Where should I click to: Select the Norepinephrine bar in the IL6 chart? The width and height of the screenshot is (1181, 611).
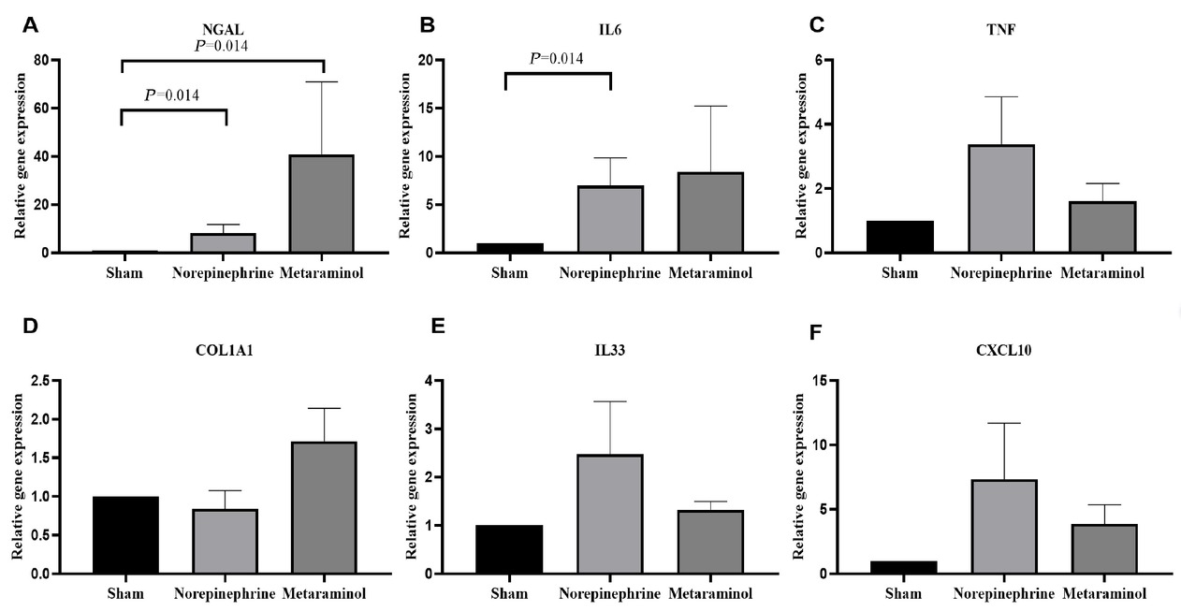tap(609, 220)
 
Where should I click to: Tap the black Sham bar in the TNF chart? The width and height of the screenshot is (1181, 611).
tap(899, 237)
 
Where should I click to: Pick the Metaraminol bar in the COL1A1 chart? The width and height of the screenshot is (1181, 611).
tap(324, 507)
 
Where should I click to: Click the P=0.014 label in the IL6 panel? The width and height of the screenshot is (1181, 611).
tap(557, 59)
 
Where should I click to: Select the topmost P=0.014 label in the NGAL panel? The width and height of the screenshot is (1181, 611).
tap(221, 45)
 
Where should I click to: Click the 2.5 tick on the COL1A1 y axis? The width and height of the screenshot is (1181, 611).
tap(40, 381)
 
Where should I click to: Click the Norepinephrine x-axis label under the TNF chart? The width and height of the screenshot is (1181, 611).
tap(1002, 273)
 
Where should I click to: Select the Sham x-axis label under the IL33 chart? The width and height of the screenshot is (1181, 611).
tap(509, 594)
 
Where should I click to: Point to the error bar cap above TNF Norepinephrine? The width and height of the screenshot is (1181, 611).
tap(1002, 96)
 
